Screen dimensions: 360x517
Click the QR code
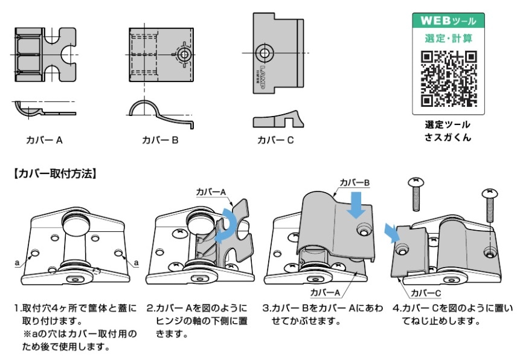pyautogui.click(x=448, y=77)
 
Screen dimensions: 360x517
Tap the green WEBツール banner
pyautogui.click(x=448, y=20)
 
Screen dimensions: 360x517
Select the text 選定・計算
pyautogui.click(x=448, y=38)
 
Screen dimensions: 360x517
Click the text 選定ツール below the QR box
pyautogui.click(x=448, y=125)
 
